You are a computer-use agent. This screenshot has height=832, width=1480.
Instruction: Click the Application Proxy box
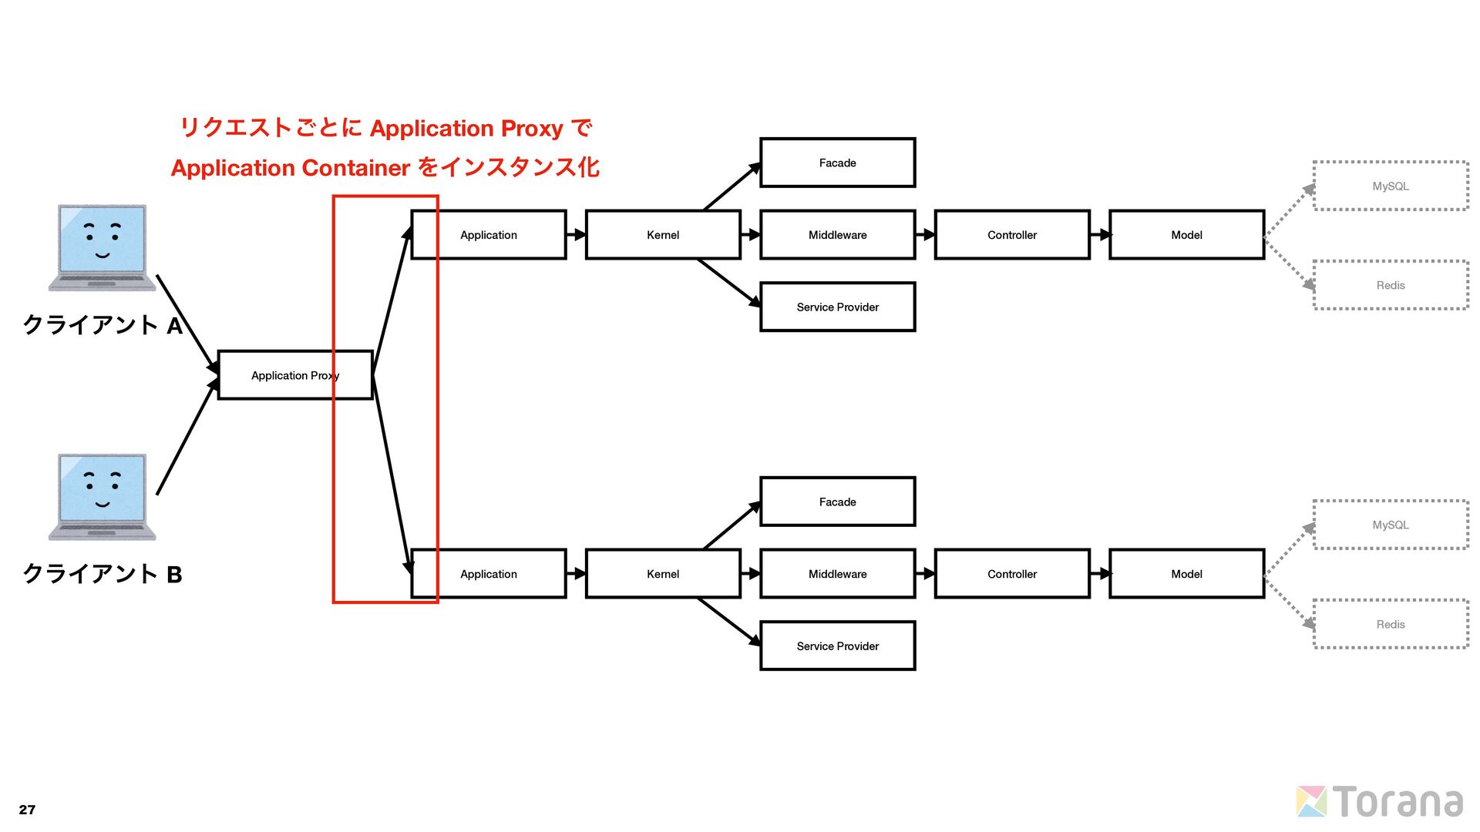(x=294, y=375)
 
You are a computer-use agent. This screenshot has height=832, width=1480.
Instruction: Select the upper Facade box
(x=837, y=163)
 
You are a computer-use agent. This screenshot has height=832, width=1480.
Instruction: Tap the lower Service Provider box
(x=837, y=646)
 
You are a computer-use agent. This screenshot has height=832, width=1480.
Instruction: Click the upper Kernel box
(x=663, y=235)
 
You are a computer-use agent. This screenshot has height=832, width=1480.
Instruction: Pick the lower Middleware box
(x=837, y=574)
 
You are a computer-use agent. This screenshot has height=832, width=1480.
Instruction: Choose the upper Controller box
(x=1011, y=235)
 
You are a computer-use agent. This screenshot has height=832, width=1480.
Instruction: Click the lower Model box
(x=1186, y=574)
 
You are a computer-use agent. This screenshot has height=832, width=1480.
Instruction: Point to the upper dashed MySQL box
(x=1390, y=186)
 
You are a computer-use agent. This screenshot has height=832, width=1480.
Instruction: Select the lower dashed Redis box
(x=1390, y=624)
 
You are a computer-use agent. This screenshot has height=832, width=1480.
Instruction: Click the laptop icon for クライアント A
(x=102, y=247)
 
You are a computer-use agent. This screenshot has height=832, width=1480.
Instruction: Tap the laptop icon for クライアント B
(x=102, y=496)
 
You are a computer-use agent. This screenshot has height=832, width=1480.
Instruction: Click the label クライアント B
(x=102, y=574)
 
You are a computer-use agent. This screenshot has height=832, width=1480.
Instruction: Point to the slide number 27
(x=27, y=810)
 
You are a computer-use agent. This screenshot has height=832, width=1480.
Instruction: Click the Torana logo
(x=1380, y=802)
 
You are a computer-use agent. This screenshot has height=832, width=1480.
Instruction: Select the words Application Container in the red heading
(x=291, y=168)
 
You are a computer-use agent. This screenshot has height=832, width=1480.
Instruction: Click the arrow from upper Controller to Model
(x=1099, y=235)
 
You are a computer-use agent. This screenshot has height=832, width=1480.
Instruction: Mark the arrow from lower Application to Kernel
(x=576, y=574)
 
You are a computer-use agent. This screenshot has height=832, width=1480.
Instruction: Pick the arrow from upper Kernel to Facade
(x=732, y=186)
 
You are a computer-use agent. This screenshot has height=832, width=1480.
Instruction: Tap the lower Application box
(x=489, y=574)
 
